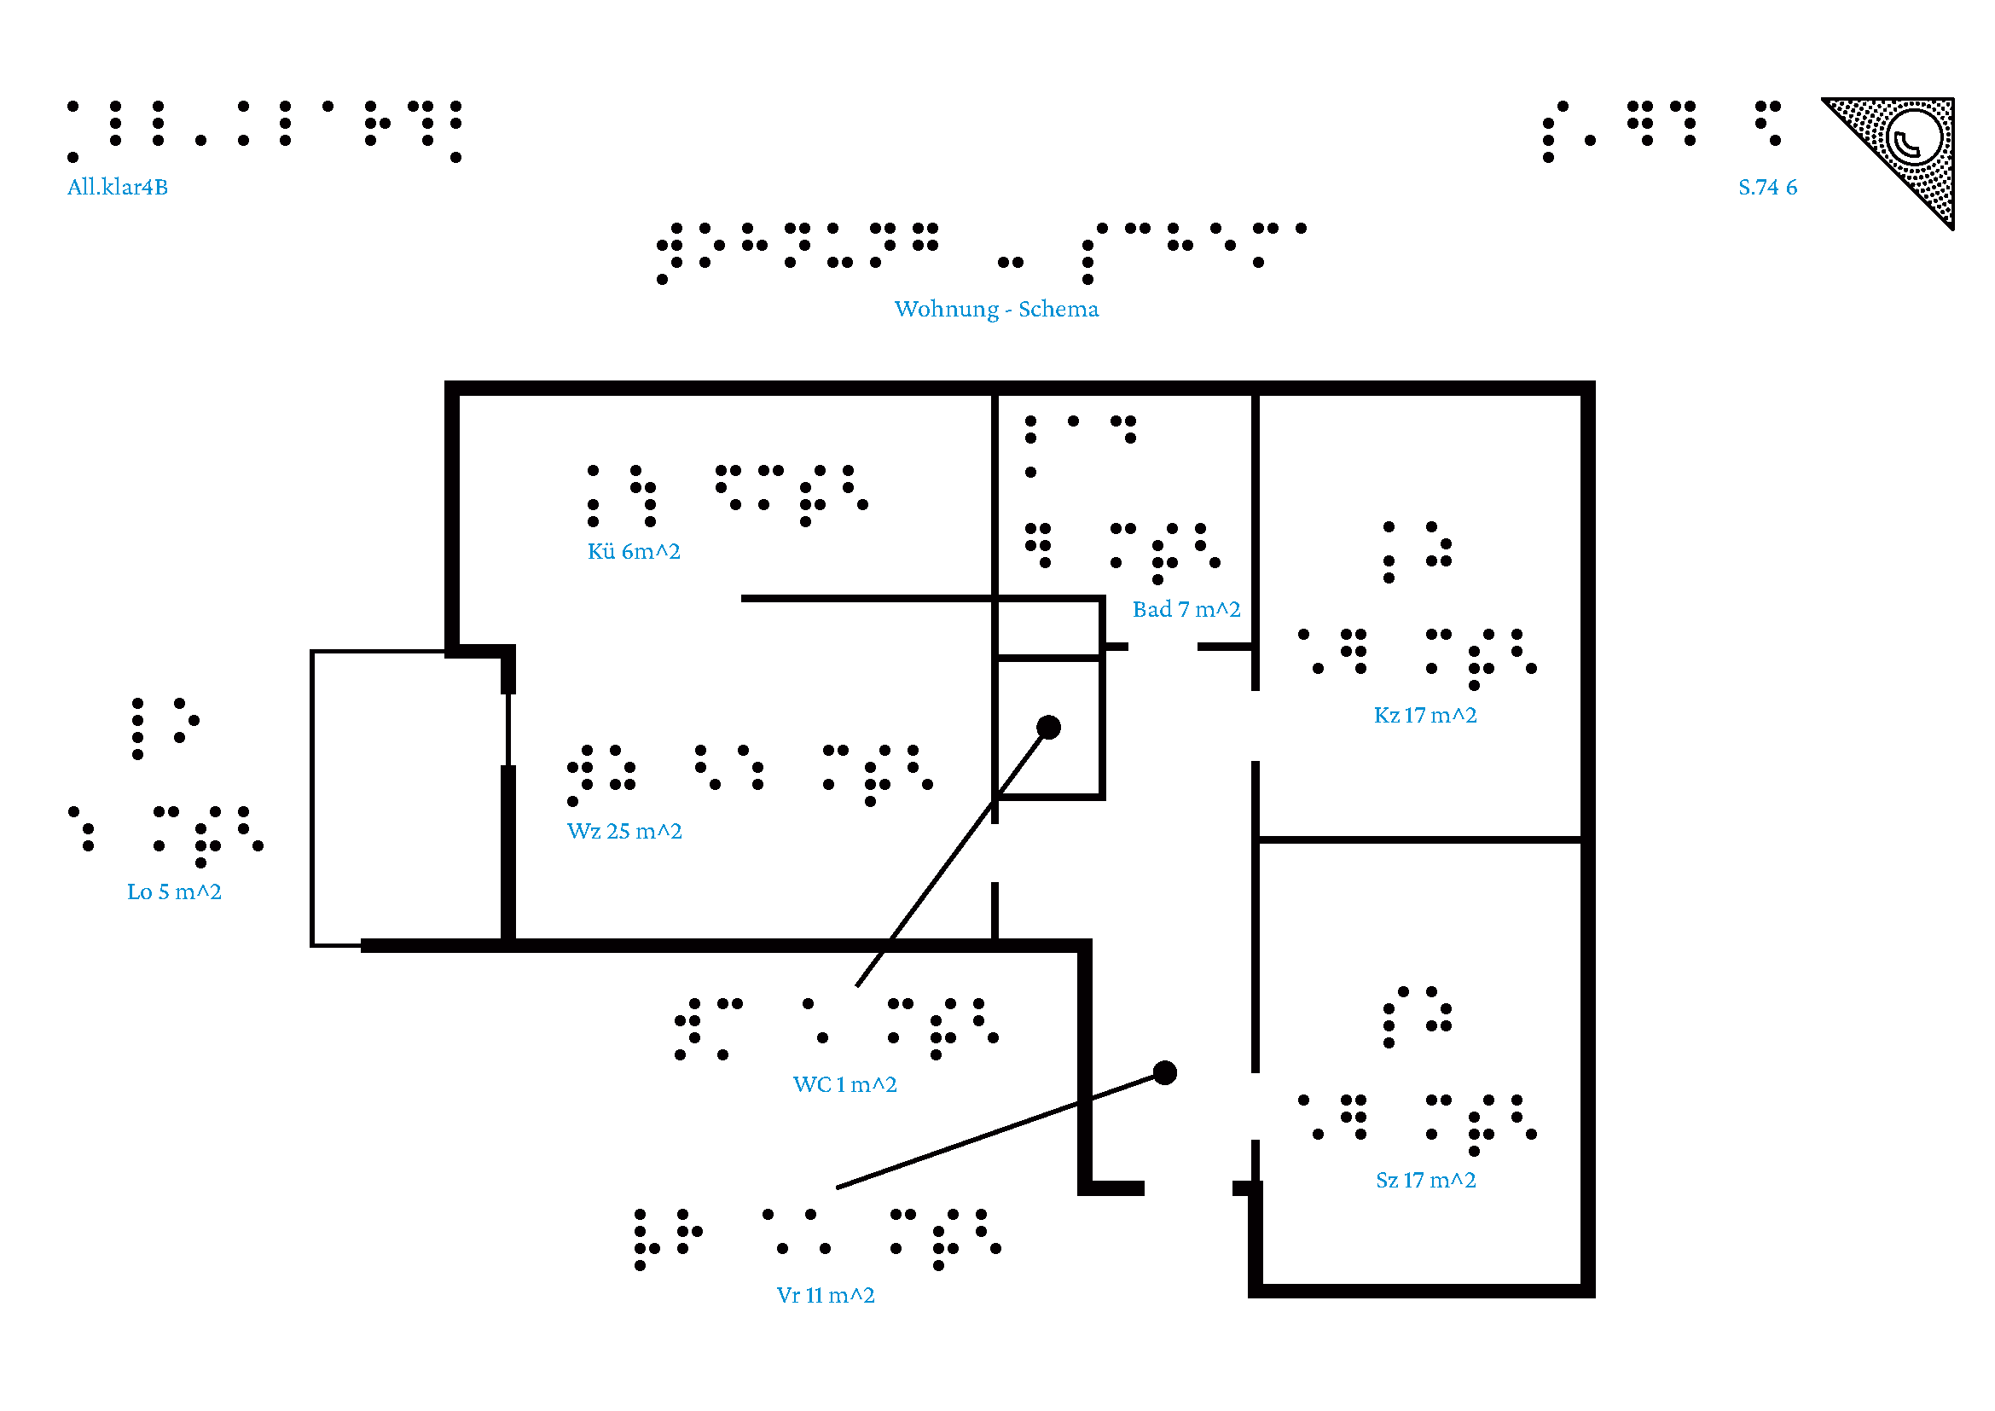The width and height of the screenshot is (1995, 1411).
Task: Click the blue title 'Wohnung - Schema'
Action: click(x=995, y=310)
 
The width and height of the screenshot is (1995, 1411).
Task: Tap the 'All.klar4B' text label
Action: click(x=118, y=187)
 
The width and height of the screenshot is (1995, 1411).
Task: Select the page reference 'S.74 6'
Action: click(x=1766, y=187)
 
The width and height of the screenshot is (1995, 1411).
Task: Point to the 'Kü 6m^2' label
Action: click(x=634, y=552)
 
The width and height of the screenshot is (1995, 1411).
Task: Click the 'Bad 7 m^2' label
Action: click(x=1186, y=610)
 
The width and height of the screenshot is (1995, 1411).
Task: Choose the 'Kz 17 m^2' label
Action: click(x=1424, y=716)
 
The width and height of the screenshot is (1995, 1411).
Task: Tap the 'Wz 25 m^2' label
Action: click(x=623, y=832)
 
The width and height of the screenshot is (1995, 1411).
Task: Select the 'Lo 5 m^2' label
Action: click(x=174, y=892)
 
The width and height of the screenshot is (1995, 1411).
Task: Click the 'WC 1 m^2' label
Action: click(x=844, y=1085)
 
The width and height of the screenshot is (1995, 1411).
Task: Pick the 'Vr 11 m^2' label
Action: click(x=825, y=1297)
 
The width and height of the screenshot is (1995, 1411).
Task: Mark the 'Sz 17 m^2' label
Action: click(x=1425, y=1181)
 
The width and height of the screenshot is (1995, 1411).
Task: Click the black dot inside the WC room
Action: click(x=1049, y=727)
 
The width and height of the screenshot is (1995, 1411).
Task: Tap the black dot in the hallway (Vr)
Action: click(x=1164, y=1073)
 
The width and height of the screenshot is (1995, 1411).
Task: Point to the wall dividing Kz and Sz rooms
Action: click(x=1418, y=840)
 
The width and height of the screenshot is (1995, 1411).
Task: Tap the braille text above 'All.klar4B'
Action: click(x=264, y=131)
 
